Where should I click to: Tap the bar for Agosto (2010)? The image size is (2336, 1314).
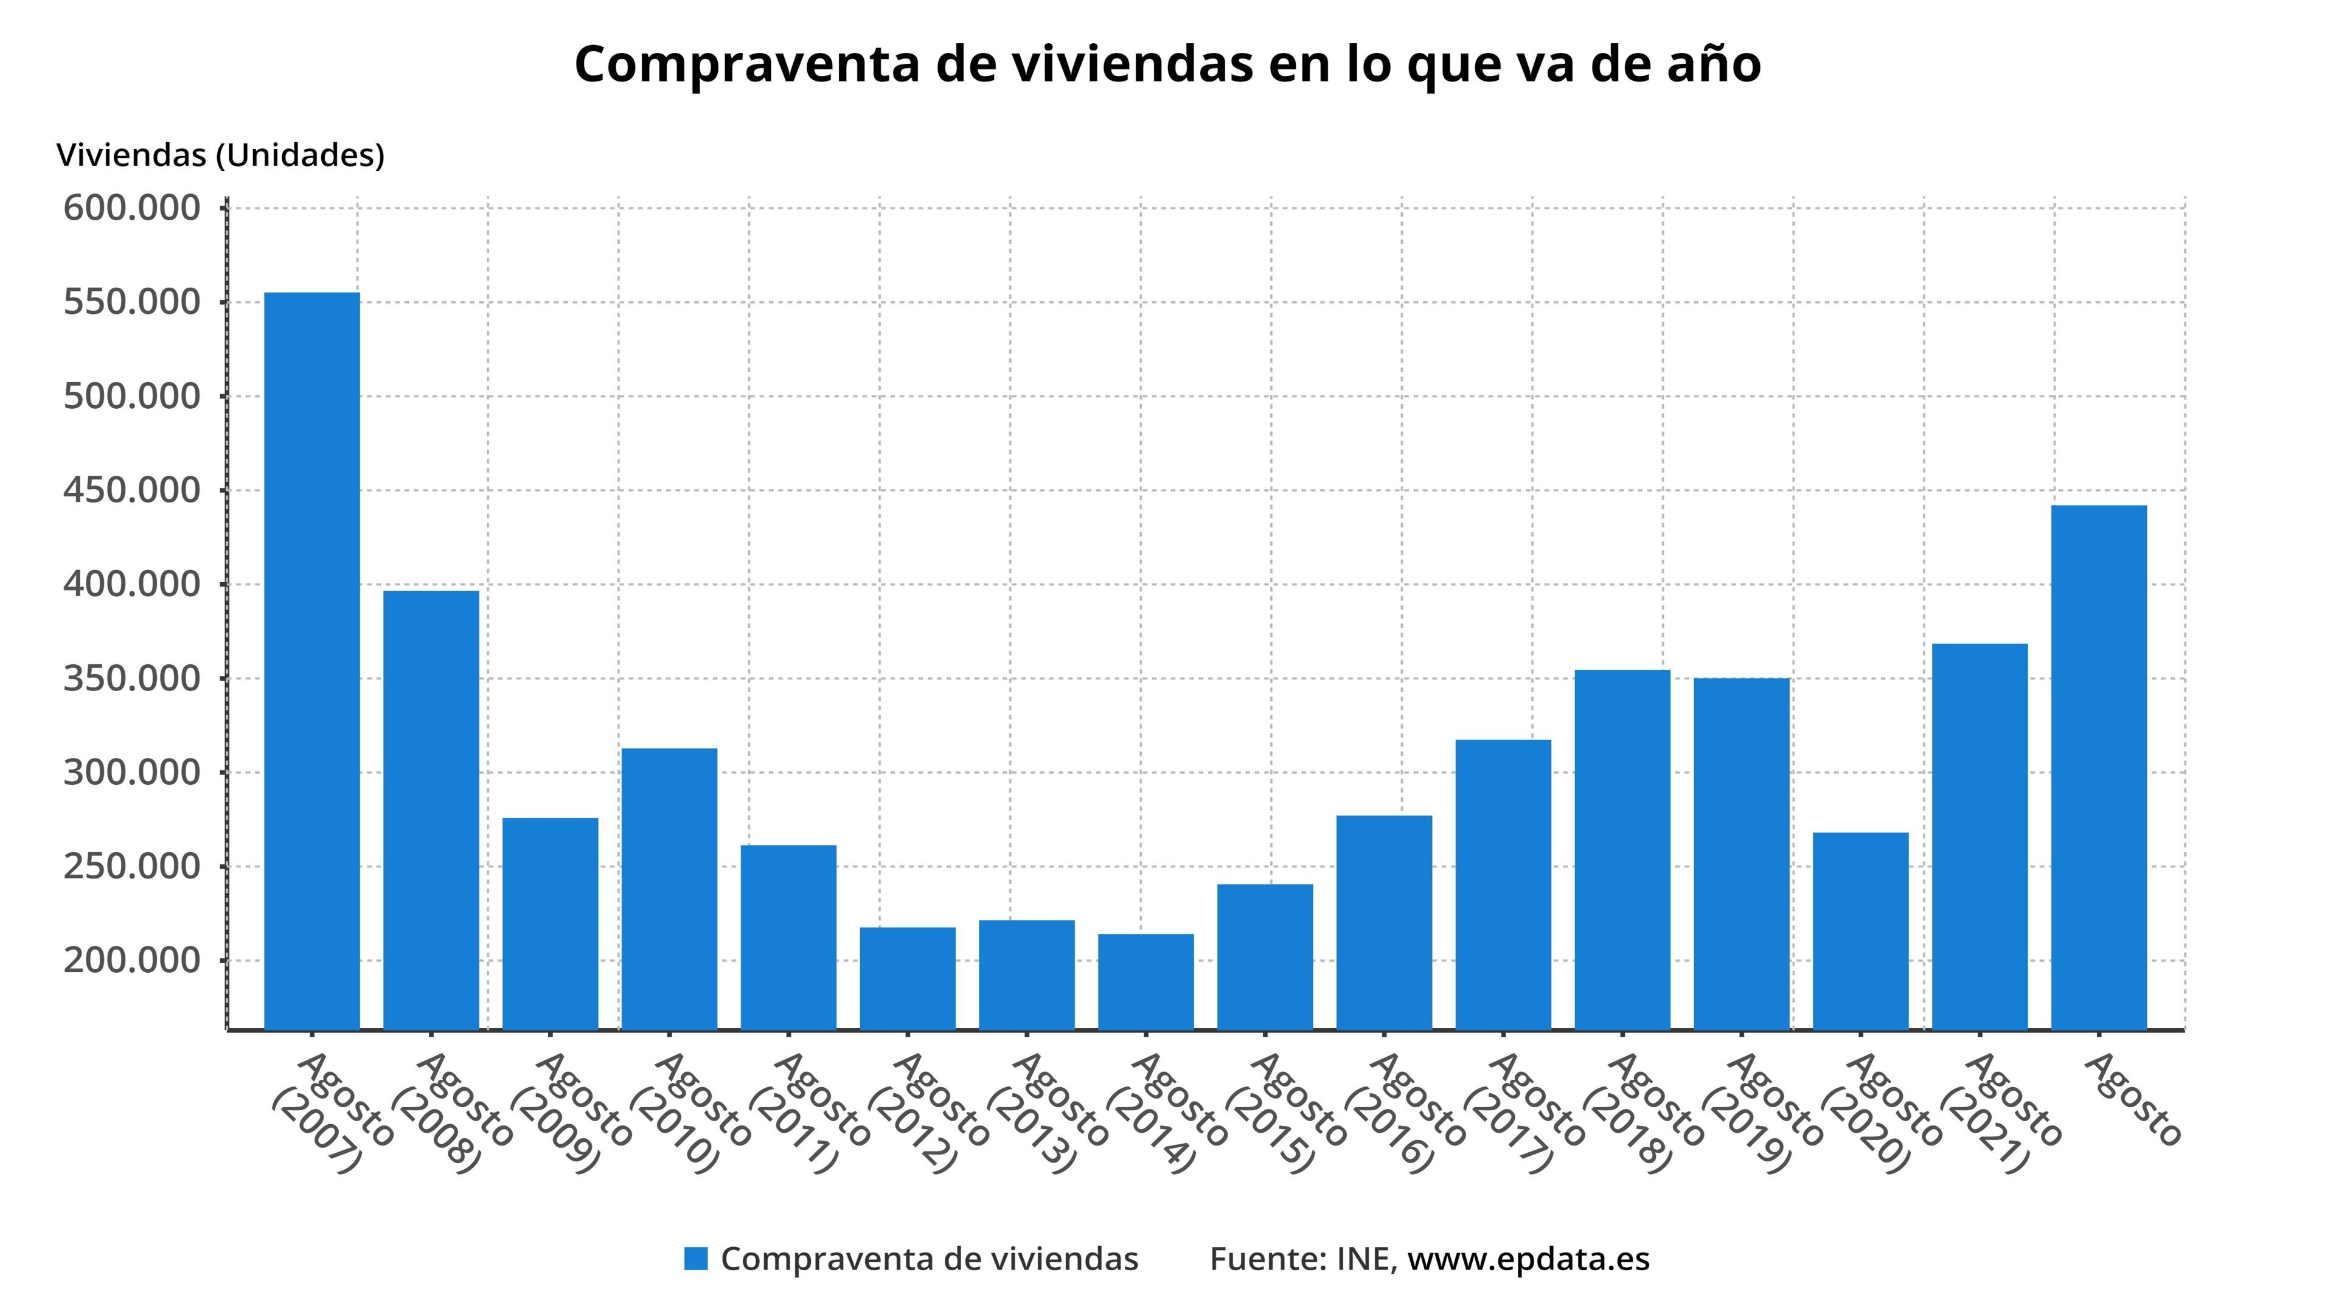(669, 889)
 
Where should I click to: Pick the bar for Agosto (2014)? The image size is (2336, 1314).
(1145, 981)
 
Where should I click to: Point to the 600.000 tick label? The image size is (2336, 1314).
(131, 209)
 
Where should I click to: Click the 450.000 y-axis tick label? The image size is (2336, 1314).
(131, 490)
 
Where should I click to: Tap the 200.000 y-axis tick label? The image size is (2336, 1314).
(131, 961)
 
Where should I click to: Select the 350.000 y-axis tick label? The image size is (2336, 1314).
(131, 678)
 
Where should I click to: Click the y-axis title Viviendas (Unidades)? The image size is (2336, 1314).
(220, 155)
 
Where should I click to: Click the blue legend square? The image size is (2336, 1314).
(695, 1259)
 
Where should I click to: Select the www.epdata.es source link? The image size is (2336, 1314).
(1528, 1259)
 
